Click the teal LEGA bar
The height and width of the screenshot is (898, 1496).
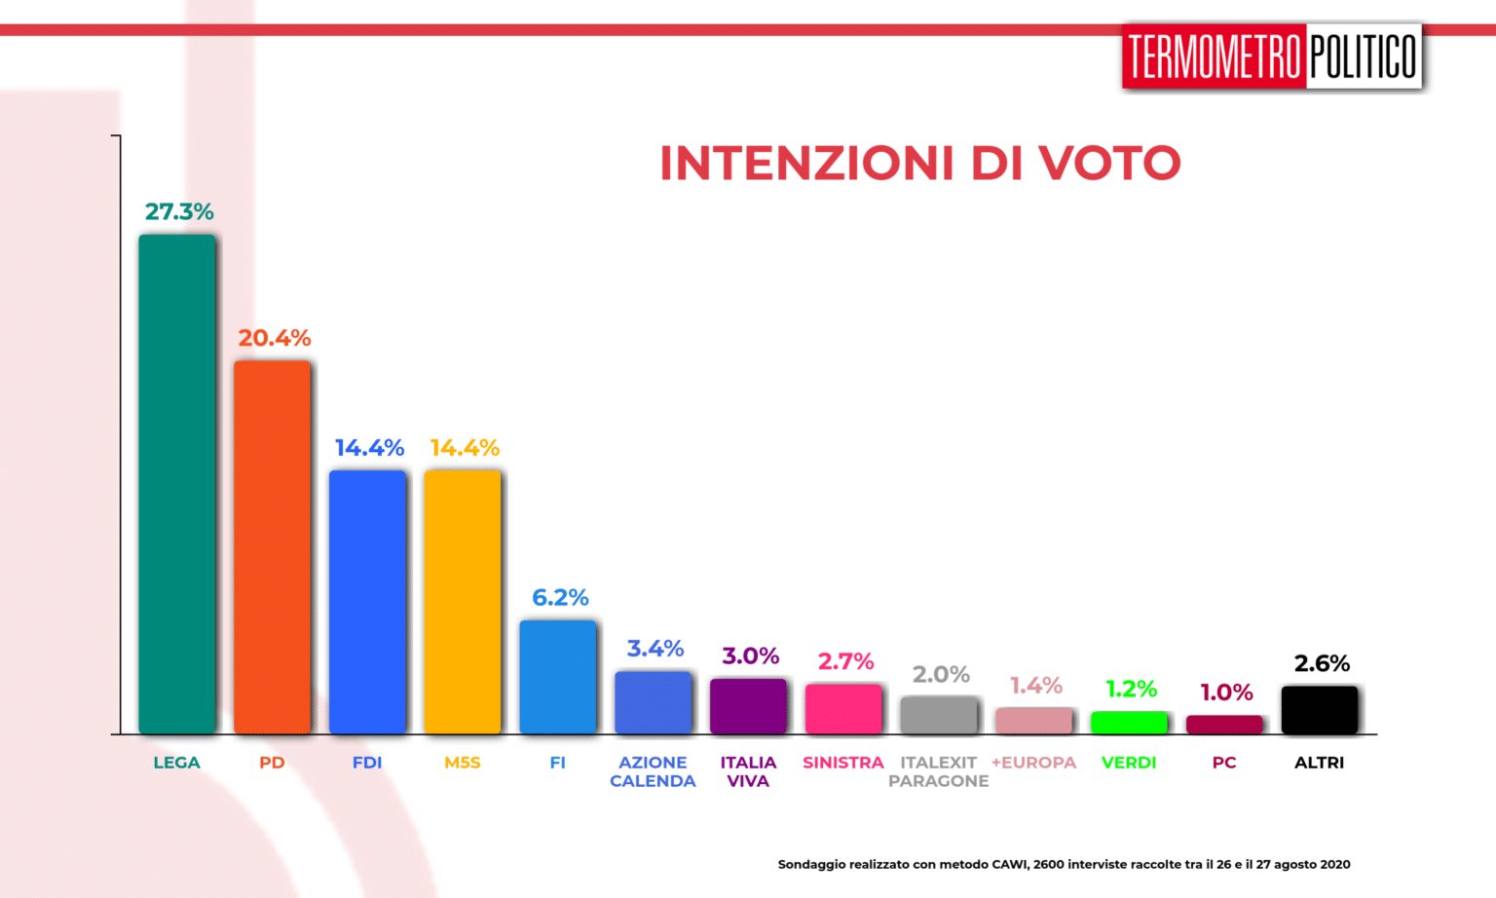tap(177, 484)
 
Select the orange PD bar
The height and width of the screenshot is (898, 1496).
tap(272, 546)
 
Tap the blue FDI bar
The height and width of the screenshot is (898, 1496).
tap(367, 601)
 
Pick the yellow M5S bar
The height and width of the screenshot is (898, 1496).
tap(463, 601)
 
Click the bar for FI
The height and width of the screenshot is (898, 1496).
tap(558, 677)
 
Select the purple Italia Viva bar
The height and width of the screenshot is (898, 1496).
tap(748, 706)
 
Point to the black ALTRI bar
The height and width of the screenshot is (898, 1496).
tap(1320, 710)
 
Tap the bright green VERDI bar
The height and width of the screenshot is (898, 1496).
tap(1129, 722)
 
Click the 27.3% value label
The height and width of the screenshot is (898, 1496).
tap(179, 211)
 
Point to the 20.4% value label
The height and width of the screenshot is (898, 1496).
tap(275, 338)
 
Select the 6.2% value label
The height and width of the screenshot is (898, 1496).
tap(560, 597)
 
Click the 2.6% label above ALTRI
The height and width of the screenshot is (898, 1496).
tap(1322, 663)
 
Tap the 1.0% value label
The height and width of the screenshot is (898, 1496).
tap(1226, 692)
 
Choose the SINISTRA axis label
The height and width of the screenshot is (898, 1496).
tap(842, 763)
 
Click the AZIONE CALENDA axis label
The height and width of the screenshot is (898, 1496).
tap(653, 771)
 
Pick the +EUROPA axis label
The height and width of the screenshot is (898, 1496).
tap(1033, 763)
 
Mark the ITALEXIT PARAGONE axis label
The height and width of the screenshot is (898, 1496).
tap(938, 771)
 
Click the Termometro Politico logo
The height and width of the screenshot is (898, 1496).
tap(1272, 56)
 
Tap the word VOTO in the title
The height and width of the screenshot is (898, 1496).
tap(1109, 163)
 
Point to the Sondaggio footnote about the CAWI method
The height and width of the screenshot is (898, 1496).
tap(1064, 864)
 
